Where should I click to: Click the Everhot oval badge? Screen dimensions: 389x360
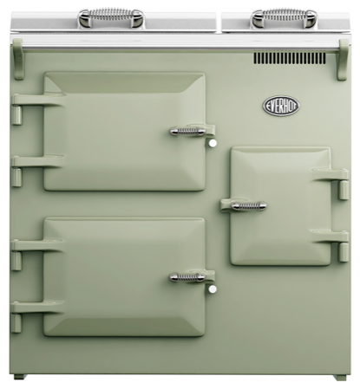coord(280,107)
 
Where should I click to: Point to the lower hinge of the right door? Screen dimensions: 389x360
coord(331,236)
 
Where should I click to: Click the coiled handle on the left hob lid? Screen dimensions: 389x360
coord(111,16)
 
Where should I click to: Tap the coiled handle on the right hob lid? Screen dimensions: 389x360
coord(284,16)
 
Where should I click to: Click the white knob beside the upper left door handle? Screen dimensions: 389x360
coord(211,139)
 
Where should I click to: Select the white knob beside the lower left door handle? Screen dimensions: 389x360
coord(211,284)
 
